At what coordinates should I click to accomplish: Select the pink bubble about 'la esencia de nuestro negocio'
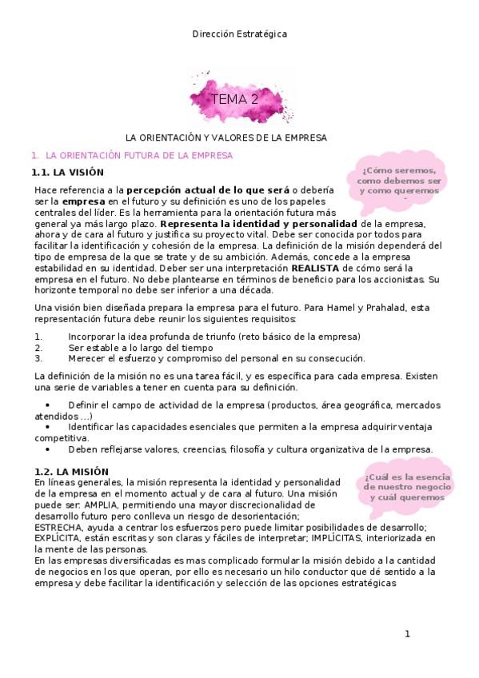[x=406, y=486]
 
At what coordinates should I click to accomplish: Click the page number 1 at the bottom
[x=407, y=634]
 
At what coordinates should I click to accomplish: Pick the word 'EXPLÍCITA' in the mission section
[x=58, y=539]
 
